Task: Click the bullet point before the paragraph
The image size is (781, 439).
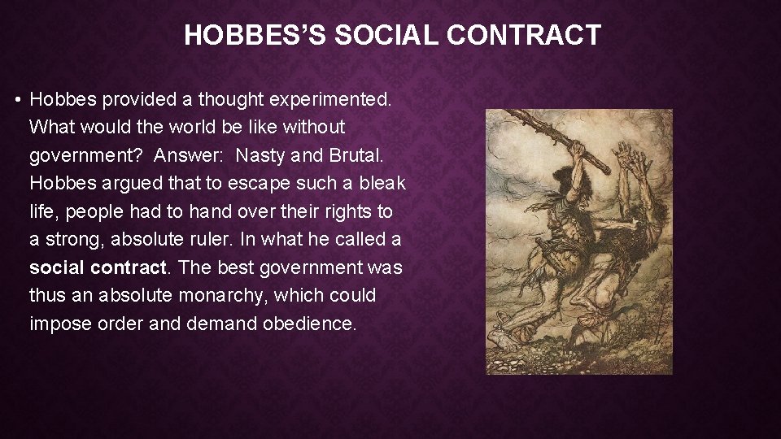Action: pos(17,100)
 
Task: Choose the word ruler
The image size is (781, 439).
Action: pos(231,240)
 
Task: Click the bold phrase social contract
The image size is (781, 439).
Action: pos(98,267)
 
